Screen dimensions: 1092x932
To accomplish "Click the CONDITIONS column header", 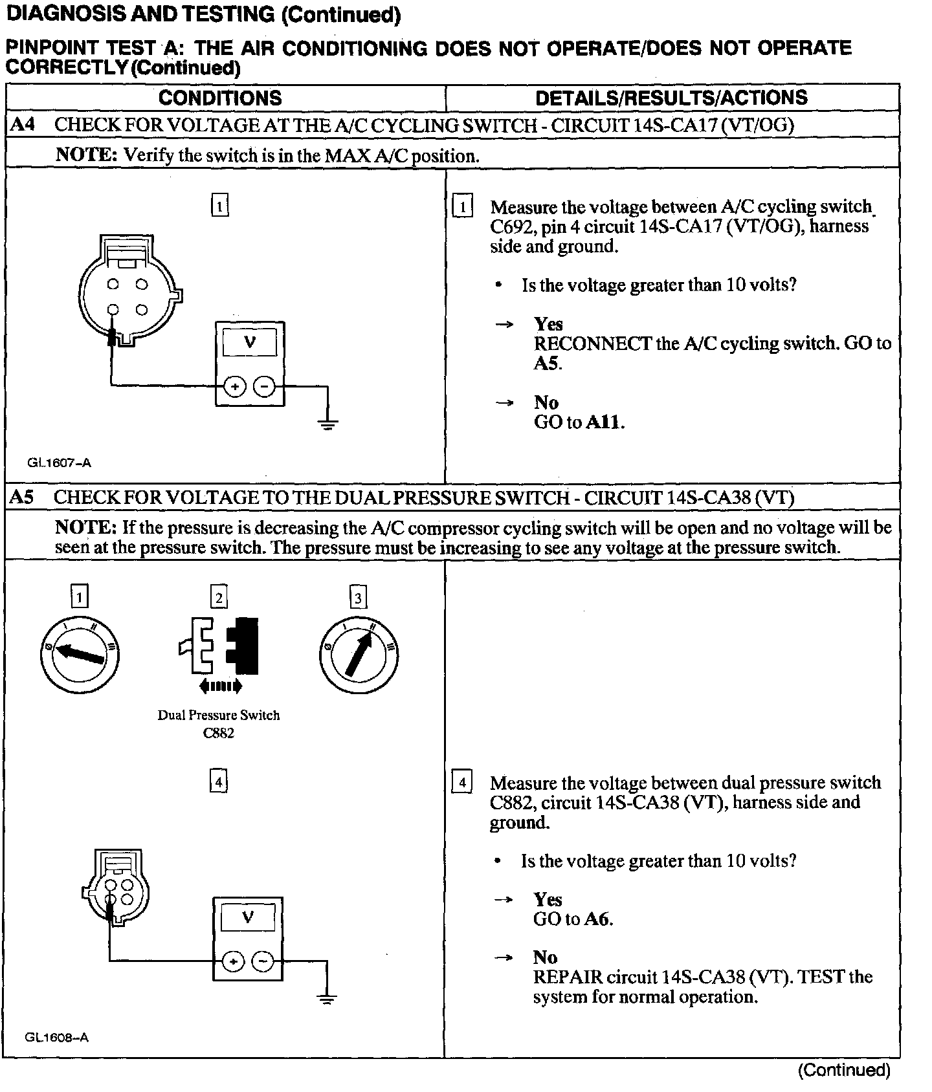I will [220, 98].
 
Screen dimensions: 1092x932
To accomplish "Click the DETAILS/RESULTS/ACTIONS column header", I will [671, 98].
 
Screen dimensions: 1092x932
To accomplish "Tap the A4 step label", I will [23, 124].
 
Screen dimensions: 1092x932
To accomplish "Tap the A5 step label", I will [23, 497].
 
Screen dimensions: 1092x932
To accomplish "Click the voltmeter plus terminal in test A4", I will [234, 388].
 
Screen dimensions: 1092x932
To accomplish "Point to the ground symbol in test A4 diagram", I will [328, 424].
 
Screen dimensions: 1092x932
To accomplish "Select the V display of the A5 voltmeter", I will [248, 917].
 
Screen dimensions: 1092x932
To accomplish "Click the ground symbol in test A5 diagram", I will [327, 999].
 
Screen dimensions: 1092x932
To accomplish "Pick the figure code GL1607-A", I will [59, 463].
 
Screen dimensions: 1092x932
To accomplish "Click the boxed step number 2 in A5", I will [219, 596].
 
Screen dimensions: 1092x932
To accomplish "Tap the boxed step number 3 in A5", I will [358, 596].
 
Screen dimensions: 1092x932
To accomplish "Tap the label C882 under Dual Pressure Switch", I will [219, 733].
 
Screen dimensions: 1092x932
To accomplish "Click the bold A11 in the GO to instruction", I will [605, 423].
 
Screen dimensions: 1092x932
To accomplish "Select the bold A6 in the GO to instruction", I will [598, 919].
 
